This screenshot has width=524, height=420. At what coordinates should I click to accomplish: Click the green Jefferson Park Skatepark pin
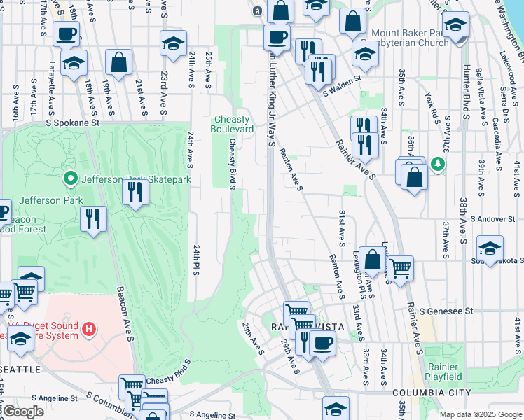tap(69, 179)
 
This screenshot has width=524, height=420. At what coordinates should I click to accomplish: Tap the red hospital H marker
tap(89, 328)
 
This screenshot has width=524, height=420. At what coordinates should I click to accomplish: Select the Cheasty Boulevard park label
tap(233, 125)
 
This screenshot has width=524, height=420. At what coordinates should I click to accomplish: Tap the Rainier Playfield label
tap(443, 372)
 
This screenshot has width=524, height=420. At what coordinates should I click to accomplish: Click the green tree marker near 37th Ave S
tap(439, 163)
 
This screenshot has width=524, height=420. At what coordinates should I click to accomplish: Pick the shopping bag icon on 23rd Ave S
tap(119, 62)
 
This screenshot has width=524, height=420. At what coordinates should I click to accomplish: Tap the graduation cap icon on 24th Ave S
tap(173, 44)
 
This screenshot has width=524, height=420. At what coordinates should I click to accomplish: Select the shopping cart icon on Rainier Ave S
tap(400, 267)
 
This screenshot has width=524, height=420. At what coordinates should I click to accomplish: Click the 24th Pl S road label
tap(197, 259)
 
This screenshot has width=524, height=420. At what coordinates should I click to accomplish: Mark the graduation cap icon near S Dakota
tap(490, 248)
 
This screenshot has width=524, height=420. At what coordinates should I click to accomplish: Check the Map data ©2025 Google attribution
tap(480, 414)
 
